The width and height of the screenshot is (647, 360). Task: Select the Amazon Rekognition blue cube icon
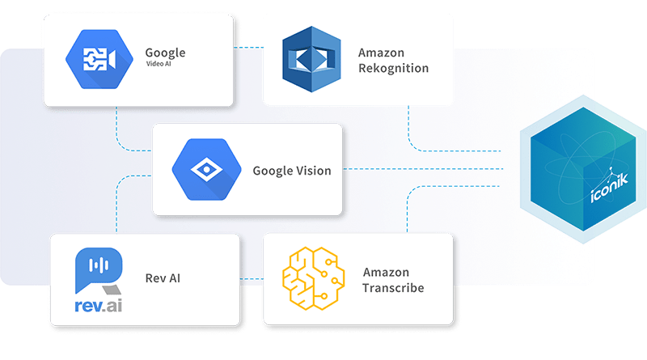pos(311,58)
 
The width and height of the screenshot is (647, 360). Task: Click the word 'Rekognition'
pos(393,68)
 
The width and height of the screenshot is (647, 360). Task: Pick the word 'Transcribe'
pos(393,287)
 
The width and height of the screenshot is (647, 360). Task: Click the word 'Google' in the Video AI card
pos(165,53)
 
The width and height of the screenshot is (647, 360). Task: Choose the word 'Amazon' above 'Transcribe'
pos(387,273)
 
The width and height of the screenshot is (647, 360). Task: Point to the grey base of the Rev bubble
pos(111,287)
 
